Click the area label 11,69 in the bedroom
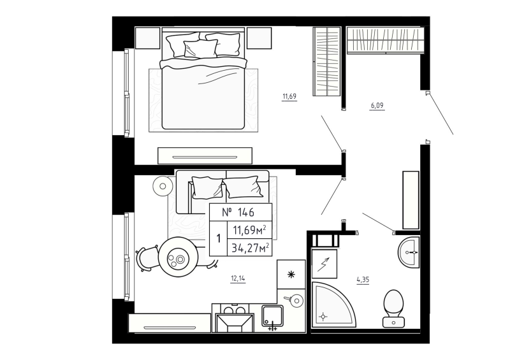[290, 97]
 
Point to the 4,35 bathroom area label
[363, 278]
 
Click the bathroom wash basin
[409, 252]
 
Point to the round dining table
[178, 257]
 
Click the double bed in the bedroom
[203, 83]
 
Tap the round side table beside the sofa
[163, 187]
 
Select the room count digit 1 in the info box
[219, 239]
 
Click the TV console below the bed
[204, 155]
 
